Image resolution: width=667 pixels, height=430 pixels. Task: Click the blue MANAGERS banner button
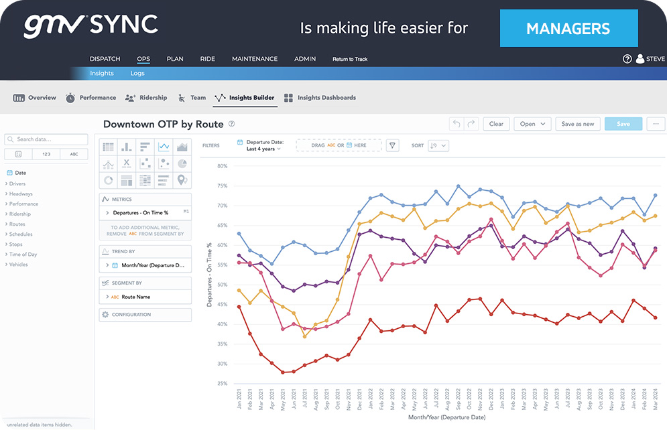click(x=568, y=28)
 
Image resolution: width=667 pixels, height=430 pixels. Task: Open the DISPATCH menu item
click(x=105, y=59)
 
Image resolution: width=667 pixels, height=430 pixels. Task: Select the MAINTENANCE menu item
click(x=255, y=59)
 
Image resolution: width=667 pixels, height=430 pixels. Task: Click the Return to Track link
click(x=350, y=60)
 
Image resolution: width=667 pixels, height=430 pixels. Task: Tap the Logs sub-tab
click(x=137, y=73)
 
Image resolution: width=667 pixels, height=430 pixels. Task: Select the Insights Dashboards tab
click(x=326, y=98)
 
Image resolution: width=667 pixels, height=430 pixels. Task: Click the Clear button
click(x=496, y=124)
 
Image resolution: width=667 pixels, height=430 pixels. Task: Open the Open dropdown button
click(x=532, y=124)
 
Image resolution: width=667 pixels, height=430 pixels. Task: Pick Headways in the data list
click(x=21, y=194)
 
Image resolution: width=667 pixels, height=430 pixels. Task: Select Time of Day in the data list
click(x=23, y=255)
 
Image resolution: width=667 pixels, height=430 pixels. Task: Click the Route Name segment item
click(x=135, y=297)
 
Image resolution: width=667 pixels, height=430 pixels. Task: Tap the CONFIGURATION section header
click(x=131, y=315)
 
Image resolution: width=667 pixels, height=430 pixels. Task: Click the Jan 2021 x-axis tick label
click(x=239, y=402)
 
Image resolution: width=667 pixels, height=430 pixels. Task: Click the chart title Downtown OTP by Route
click(x=164, y=124)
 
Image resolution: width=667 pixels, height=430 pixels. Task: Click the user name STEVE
click(x=655, y=59)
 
